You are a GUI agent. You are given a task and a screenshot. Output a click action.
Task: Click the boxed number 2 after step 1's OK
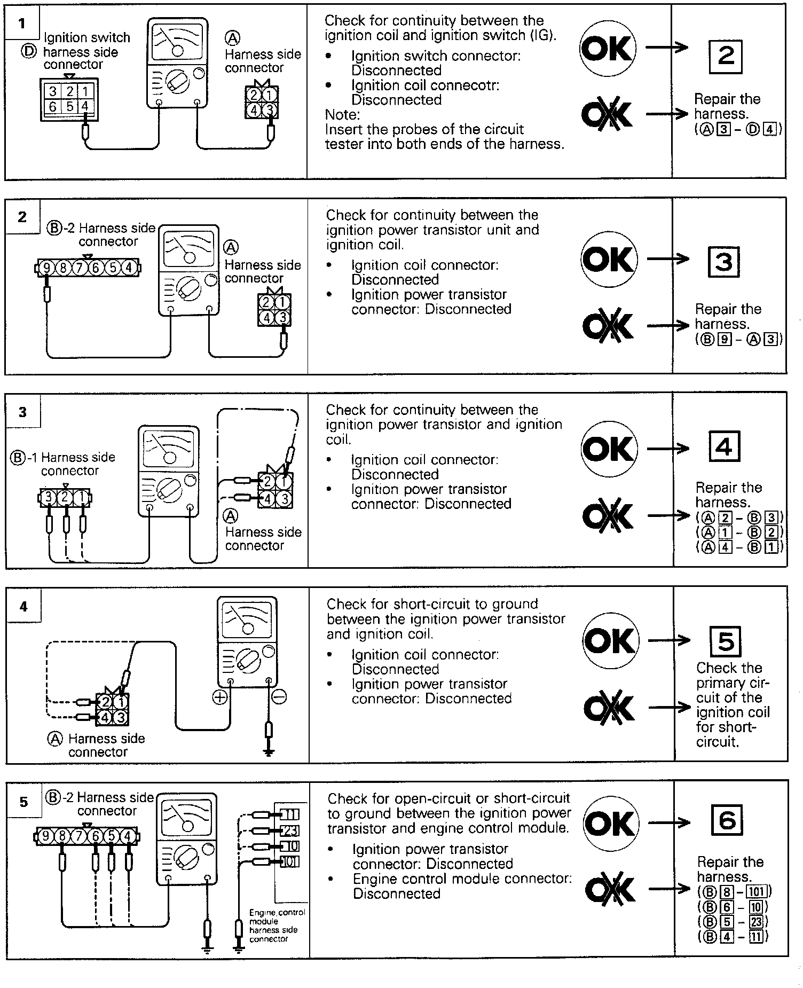pos(726,56)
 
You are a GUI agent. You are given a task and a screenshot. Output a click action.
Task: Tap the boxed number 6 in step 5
pos(727,820)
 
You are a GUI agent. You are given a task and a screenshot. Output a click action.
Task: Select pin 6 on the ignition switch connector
pos(53,107)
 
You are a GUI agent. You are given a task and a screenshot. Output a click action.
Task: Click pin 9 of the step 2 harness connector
pos(47,267)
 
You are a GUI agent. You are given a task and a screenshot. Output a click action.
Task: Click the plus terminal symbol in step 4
pos(220,696)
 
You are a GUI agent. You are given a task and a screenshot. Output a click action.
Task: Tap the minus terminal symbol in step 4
pos(279,696)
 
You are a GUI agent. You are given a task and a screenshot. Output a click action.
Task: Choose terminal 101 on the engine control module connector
pos(290,861)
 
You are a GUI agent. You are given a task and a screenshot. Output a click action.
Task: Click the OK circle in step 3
pos(609,449)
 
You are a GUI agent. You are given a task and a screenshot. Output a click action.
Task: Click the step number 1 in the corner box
pos(21,23)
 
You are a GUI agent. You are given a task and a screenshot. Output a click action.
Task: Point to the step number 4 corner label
pos(23,607)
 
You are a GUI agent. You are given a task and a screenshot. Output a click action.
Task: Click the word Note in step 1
pos(342,114)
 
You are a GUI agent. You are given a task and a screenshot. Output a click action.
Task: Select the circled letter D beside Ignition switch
pos(29,51)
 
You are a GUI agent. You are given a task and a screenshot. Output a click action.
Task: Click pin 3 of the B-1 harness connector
pos(49,498)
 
